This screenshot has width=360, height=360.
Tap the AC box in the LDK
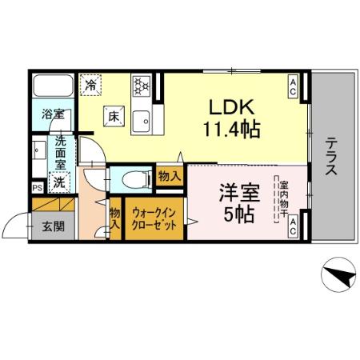coord(294,86)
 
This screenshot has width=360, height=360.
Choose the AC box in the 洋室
coord(293,226)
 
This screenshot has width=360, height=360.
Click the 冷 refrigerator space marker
coord(92,83)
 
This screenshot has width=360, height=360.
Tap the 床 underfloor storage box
coord(113,117)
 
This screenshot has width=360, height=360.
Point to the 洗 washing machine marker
coord(58,182)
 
